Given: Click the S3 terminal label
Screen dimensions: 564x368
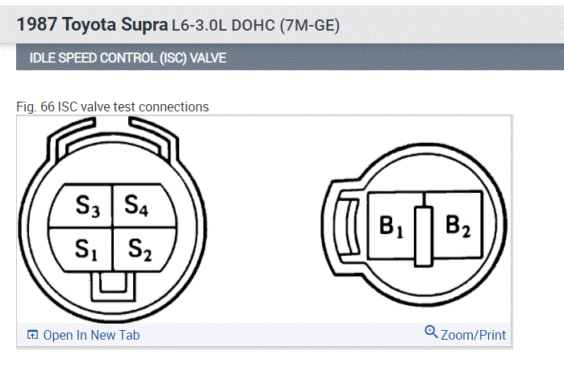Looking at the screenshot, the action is click(x=87, y=207).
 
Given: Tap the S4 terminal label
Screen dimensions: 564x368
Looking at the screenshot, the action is click(x=136, y=206).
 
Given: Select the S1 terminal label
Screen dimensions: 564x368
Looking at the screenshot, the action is click(x=86, y=249).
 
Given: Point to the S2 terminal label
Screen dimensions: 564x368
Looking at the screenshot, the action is click(x=140, y=249).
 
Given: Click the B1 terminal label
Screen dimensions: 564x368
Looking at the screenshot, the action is click(x=391, y=226).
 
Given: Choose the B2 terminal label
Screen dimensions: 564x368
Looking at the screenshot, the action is click(x=457, y=225).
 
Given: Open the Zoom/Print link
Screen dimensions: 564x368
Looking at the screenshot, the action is click(x=473, y=335).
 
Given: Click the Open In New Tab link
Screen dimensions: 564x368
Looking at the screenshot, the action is click(x=91, y=335).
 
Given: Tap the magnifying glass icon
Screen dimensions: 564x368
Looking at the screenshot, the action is click(x=431, y=332).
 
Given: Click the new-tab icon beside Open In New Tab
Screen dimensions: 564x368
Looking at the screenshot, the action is click(x=32, y=335).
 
